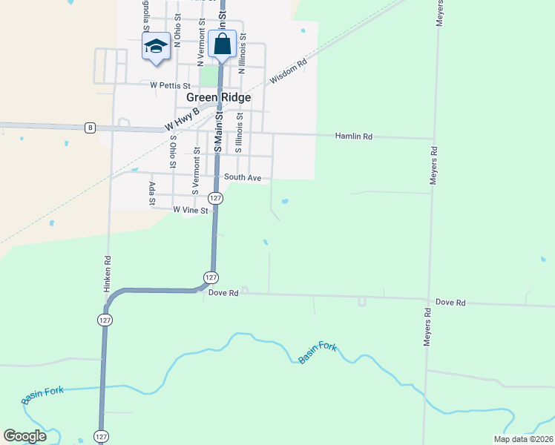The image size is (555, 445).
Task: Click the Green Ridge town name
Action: pos(218,97)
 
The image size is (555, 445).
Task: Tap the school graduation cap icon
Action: pos(156,46)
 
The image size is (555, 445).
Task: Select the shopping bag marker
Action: pos(223,44)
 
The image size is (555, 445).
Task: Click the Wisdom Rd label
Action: pos(288,72)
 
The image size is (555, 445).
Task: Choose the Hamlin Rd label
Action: pos(353,136)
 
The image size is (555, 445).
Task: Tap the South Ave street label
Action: pos(243,178)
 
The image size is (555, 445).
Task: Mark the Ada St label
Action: pos(152,193)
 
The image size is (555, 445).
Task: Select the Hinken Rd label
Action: pos(108,271)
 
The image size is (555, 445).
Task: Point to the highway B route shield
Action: pos(90,128)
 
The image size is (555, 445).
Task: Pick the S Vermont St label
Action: pos(197,171)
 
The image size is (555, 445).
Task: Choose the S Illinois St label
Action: pos(239,133)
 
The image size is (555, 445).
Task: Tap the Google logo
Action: pos(24,436)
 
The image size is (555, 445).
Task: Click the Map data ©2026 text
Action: pos(522,439)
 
